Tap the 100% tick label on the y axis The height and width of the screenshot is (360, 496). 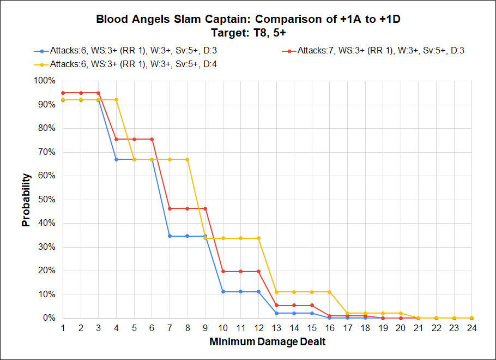tap(45, 81)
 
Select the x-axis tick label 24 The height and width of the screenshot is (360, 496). tap(471, 328)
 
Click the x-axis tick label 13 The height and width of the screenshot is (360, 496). tap(276, 328)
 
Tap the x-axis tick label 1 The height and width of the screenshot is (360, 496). tap(63, 328)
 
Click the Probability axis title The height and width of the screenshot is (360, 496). tap(26, 199)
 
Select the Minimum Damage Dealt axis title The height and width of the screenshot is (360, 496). tap(267, 342)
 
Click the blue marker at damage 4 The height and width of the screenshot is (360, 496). tap(116, 159)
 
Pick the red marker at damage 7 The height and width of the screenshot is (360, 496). tap(170, 208)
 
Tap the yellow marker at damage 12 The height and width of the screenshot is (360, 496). tap(258, 238)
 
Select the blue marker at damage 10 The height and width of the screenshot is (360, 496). tap(223, 291)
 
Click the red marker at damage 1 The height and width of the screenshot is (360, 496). tap(63, 93)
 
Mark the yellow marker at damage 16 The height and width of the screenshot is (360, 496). tap(329, 292)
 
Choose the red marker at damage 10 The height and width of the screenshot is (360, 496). tap(223, 271)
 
